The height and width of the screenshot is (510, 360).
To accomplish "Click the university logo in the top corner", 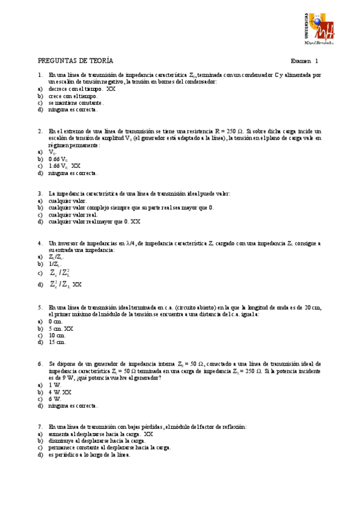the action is tap(317, 28).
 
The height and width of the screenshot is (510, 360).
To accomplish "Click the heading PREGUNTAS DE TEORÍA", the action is tap(76, 61).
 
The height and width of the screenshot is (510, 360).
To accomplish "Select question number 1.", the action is tap(40, 75).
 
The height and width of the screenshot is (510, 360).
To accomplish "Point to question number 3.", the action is tap(40, 194).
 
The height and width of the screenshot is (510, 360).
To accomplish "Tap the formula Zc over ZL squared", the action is tap(60, 272).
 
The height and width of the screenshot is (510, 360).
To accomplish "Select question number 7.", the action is tap(40, 426).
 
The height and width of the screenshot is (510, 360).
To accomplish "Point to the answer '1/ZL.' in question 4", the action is tap(54, 263).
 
